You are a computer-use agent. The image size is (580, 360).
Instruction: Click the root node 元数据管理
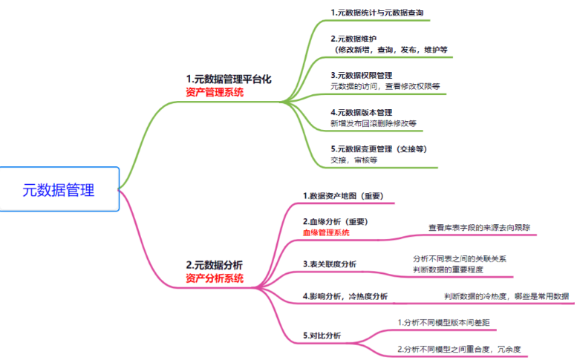(x=59, y=190)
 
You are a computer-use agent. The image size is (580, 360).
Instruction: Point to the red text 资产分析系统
(x=214, y=278)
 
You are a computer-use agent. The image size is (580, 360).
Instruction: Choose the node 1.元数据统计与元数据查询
(x=377, y=13)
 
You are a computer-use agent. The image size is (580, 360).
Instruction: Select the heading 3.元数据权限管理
(x=362, y=75)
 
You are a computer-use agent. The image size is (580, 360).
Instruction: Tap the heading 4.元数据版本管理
(x=362, y=111)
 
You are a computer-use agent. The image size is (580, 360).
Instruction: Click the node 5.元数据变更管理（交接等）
(x=379, y=148)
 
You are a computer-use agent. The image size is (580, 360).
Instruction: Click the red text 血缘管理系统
(x=326, y=232)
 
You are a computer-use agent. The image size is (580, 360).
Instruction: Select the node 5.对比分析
(x=322, y=336)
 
